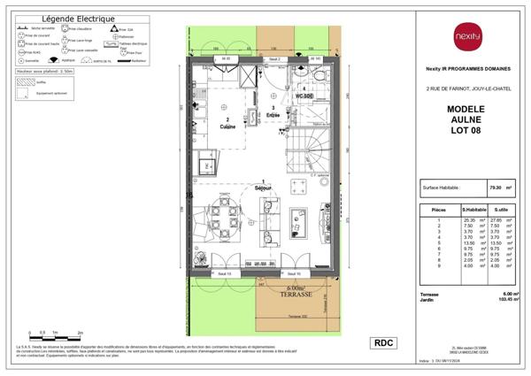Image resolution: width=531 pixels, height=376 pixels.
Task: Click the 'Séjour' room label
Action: pos(263,189)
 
